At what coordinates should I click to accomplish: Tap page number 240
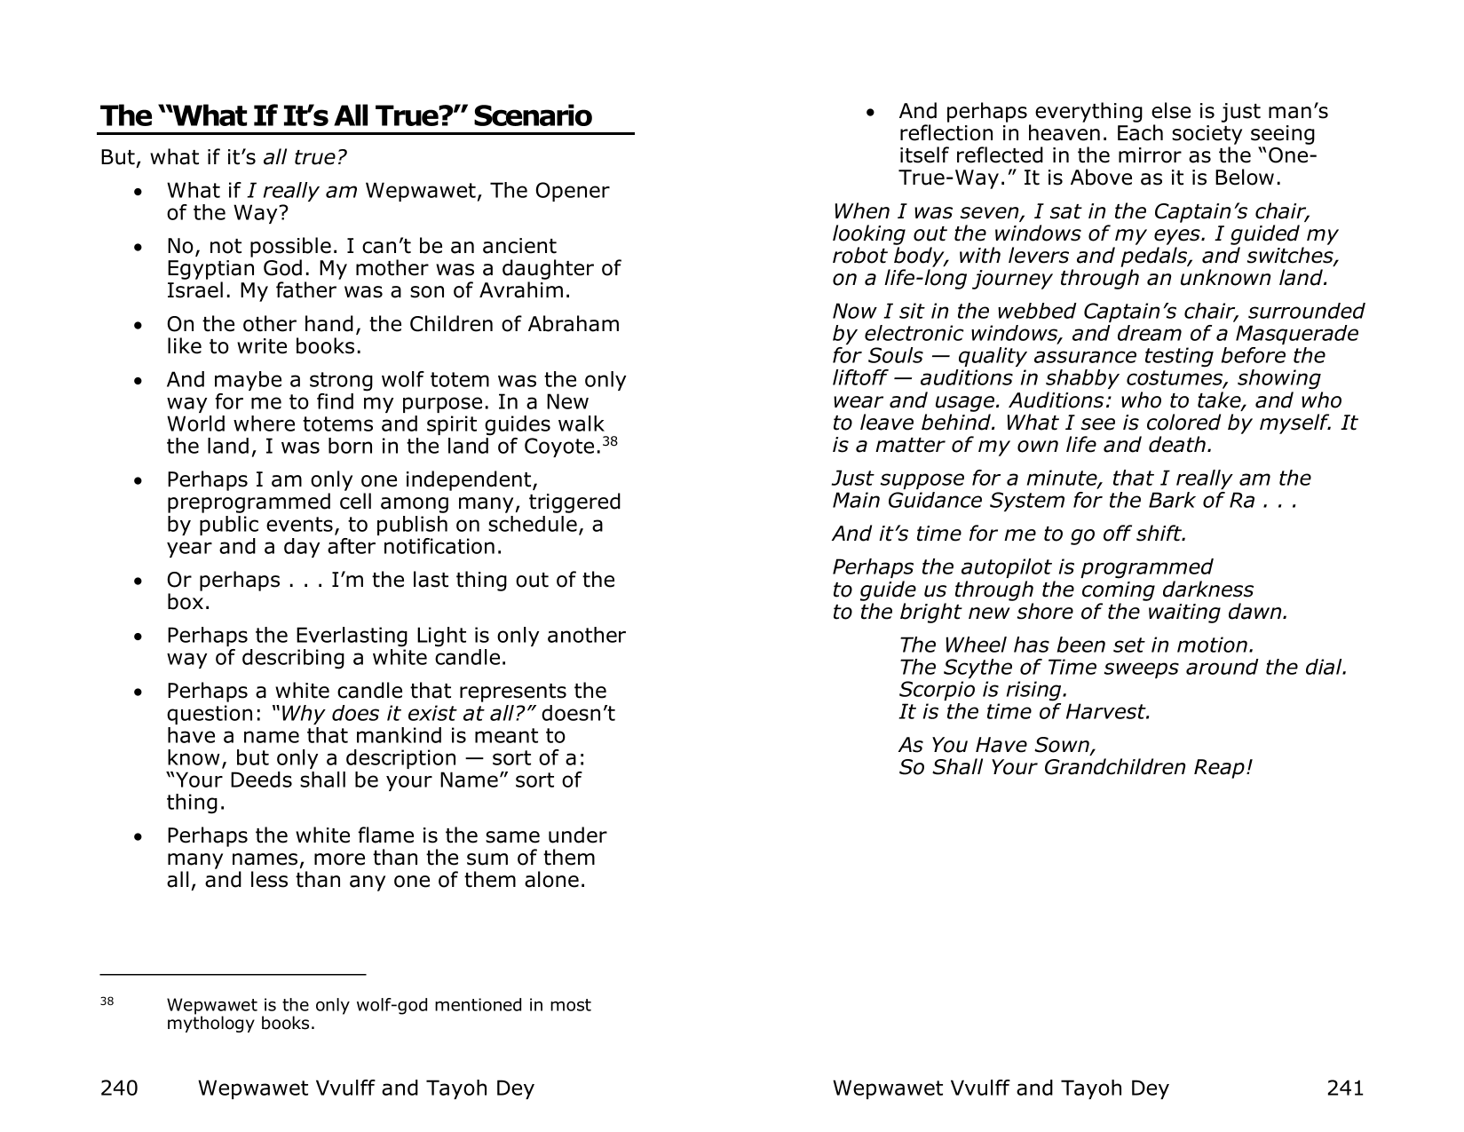pos(119,1088)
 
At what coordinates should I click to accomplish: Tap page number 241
pos(1344,1088)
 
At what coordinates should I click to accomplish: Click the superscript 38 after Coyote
pos(611,440)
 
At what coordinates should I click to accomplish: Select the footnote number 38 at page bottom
pos(107,1001)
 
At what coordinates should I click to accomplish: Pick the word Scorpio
pos(939,690)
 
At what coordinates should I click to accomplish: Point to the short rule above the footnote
pos(233,975)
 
